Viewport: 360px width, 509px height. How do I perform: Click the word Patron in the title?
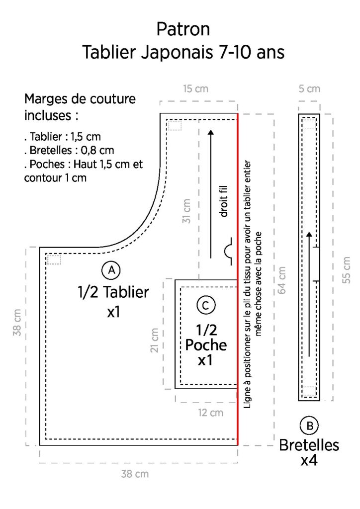tap(183, 29)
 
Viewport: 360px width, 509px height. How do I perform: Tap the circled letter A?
tap(111, 270)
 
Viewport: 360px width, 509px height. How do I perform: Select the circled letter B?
tap(309, 425)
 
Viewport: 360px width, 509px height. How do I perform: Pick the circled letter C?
tap(206, 306)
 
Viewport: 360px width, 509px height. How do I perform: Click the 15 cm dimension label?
tap(195, 88)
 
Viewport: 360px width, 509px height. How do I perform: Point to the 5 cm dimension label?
tap(309, 88)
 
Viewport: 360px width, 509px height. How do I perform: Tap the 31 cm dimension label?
tap(186, 211)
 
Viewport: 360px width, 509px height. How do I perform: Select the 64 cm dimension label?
tap(282, 280)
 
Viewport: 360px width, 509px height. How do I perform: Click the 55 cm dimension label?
tap(347, 270)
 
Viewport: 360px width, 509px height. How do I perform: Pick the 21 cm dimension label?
tap(155, 340)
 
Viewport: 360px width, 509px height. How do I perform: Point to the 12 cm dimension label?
tap(211, 413)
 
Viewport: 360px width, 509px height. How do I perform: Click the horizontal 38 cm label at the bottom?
tap(135, 474)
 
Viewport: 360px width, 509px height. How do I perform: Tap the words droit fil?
tap(224, 201)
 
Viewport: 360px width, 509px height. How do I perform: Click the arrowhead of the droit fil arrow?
tap(211, 132)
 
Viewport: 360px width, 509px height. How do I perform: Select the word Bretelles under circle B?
tap(309, 445)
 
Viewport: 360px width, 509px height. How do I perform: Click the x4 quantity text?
tap(309, 460)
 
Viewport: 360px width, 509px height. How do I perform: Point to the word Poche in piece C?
tap(206, 345)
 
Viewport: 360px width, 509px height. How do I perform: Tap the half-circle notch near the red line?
tap(229, 252)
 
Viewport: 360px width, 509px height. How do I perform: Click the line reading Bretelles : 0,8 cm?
tap(69, 150)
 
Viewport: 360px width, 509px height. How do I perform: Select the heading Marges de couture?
tap(80, 99)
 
